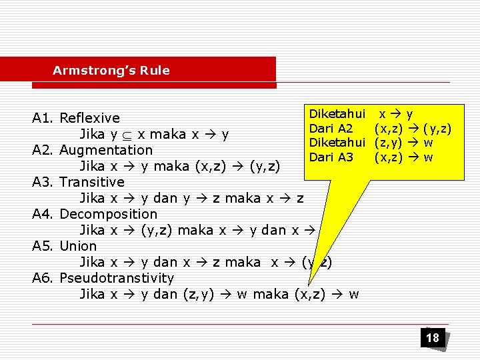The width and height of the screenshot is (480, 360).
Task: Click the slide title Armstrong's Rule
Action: (x=111, y=71)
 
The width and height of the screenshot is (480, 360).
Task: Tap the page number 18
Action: (x=433, y=338)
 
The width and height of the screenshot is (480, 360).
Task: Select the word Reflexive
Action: (x=89, y=119)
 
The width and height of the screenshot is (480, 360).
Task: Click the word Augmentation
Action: (x=106, y=150)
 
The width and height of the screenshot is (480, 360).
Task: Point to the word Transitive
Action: (x=92, y=182)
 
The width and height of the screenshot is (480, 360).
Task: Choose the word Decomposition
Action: (x=108, y=214)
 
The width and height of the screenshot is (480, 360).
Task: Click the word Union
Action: (x=78, y=246)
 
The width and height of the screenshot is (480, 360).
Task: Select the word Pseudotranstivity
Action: (x=117, y=278)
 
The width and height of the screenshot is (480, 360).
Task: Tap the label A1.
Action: (x=43, y=119)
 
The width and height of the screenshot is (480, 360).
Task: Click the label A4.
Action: (x=43, y=214)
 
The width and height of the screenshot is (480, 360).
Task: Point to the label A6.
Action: (x=43, y=278)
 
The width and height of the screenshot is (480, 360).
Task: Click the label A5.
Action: (x=43, y=246)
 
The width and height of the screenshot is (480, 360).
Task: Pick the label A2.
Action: (x=43, y=150)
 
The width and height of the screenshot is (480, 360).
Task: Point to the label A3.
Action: (x=43, y=182)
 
